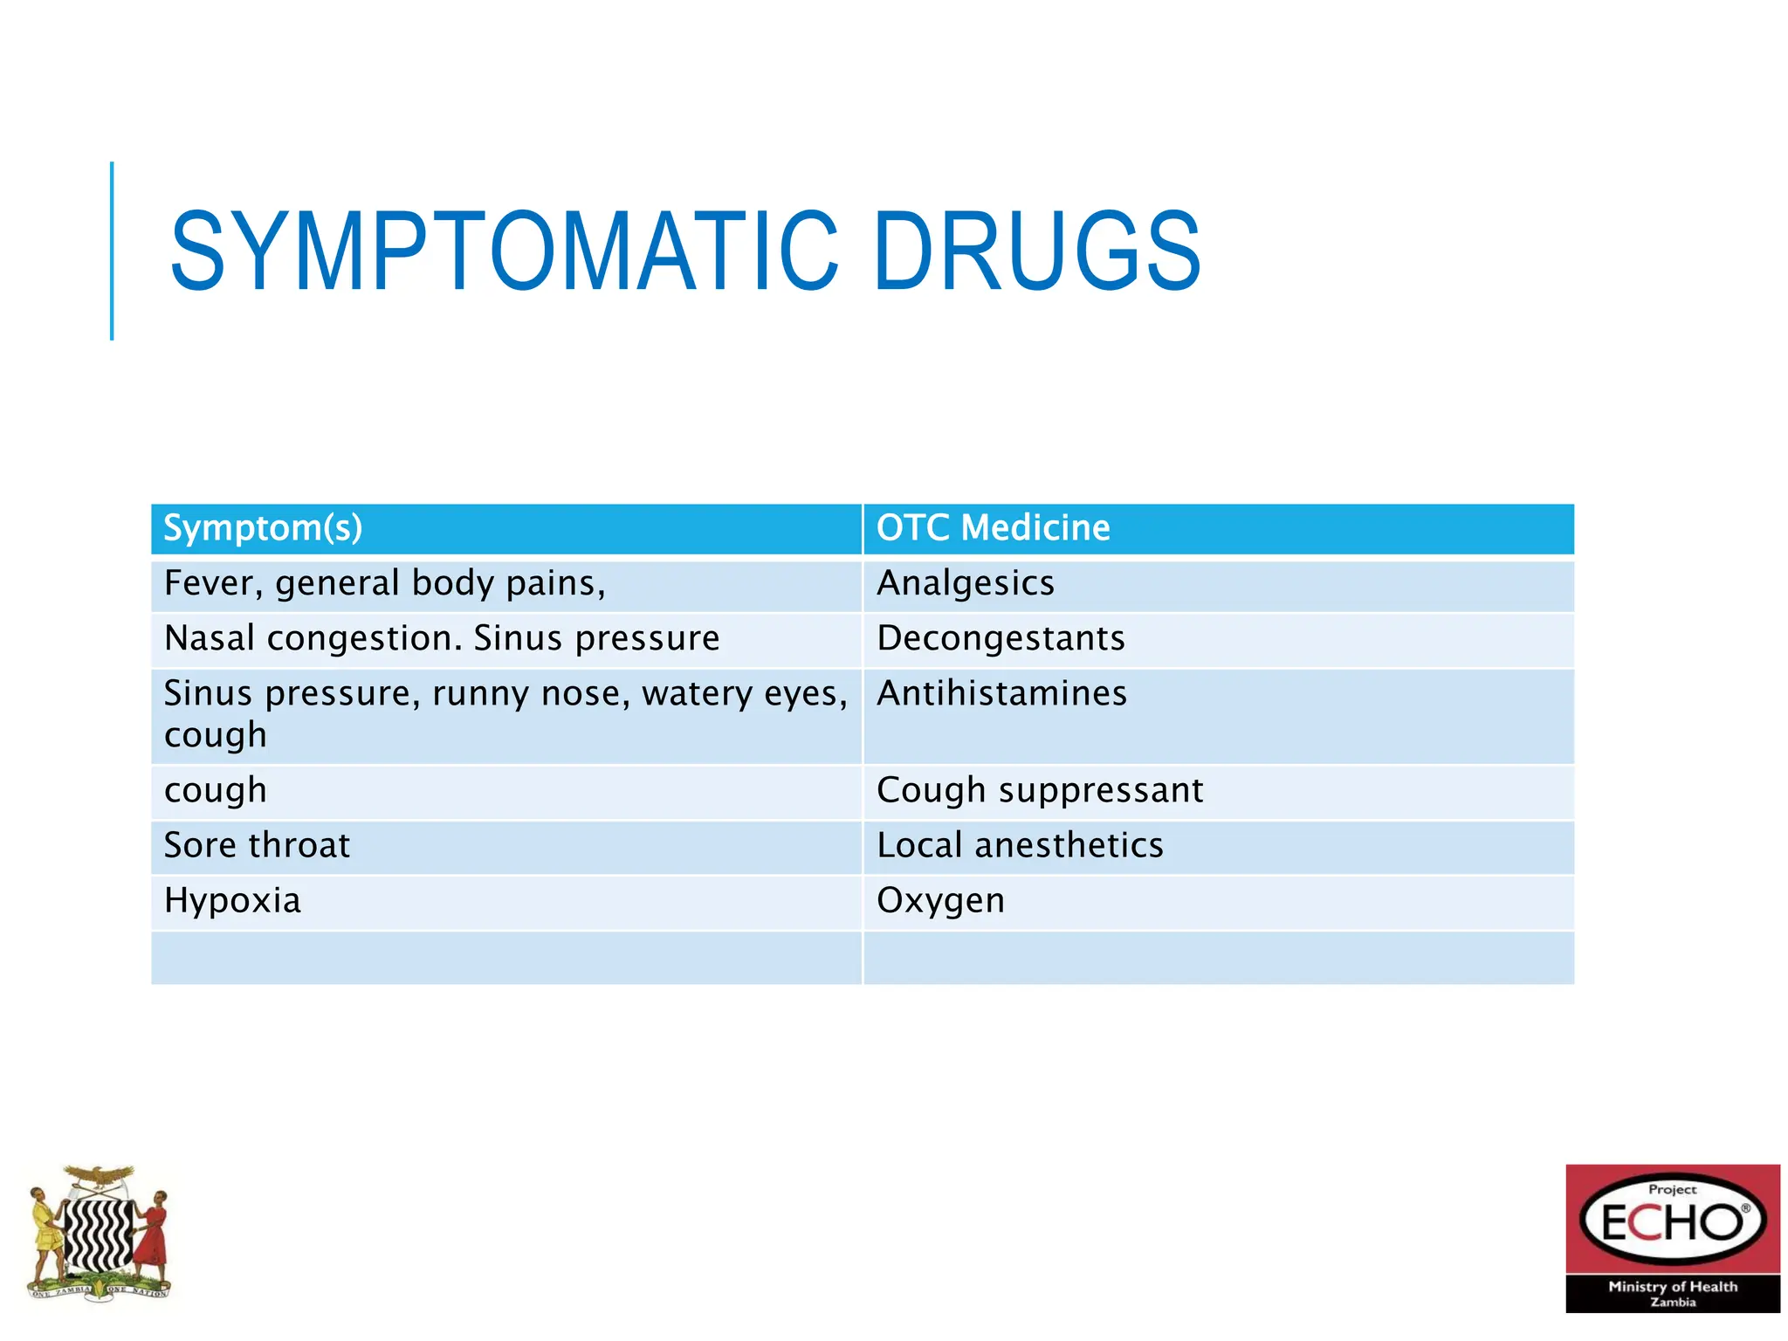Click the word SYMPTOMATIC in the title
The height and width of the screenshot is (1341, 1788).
coord(504,251)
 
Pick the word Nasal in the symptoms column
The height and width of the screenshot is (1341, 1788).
coord(209,638)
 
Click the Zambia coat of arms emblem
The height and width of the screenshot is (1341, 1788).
coord(99,1232)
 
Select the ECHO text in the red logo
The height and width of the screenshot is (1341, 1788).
coord(1671,1222)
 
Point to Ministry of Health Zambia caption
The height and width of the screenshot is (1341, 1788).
coord(1672,1293)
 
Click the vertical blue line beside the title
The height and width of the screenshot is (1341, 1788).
coord(112,251)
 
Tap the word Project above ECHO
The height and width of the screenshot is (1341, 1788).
coord(1672,1189)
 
